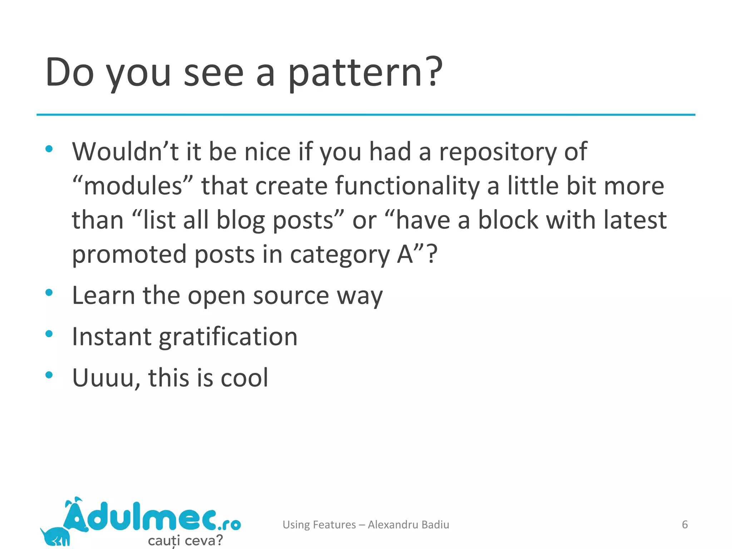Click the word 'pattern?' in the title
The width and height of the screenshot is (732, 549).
pos(365,73)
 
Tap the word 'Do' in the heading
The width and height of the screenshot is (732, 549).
pos(70,73)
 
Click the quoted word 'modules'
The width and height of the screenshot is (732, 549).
pos(133,186)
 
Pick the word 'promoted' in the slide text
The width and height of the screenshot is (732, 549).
pos(129,254)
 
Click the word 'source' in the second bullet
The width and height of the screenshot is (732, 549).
pos(291,296)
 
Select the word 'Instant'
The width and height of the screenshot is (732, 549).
pos(112,337)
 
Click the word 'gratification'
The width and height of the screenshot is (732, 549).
pos(228,337)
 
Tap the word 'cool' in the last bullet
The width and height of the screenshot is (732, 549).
pos(244,378)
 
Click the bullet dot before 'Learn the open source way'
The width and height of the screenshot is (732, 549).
pos(49,293)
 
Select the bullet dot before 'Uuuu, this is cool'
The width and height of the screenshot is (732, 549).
pos(49,375)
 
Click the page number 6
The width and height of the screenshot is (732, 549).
pos(684,524)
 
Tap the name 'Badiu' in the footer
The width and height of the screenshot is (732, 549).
pos(435,524)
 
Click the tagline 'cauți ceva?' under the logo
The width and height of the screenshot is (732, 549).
pos(185,540)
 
